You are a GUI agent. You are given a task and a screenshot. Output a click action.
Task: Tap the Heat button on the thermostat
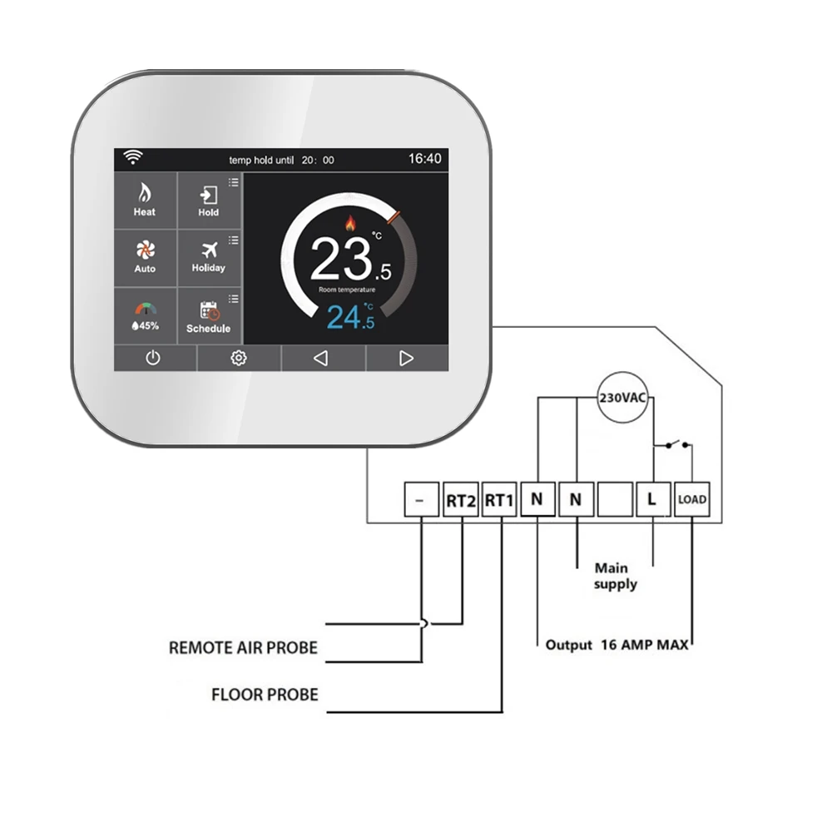(145, 201)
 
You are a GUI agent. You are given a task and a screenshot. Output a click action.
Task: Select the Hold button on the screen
(208, 201)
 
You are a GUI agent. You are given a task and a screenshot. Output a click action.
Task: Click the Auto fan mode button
(145, 257)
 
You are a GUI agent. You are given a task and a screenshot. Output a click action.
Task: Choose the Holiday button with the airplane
(208, 257)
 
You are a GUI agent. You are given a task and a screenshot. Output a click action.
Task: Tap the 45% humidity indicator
(145, 316)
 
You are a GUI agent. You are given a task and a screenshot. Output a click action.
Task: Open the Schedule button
(208, 316)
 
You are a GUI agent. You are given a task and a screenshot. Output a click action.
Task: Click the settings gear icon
(239, 358)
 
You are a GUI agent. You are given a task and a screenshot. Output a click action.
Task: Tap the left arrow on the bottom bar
(320, 358)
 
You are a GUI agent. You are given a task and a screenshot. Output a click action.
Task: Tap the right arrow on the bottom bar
(406, 358)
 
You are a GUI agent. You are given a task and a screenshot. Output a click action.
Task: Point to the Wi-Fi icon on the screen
(132, 157)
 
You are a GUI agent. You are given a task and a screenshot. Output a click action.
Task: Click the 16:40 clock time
(425, 158)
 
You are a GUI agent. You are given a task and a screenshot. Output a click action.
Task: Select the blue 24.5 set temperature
(350, 317)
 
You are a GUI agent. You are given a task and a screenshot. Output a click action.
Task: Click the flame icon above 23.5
(349, 222)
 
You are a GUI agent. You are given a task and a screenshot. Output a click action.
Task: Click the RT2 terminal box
(461, 499)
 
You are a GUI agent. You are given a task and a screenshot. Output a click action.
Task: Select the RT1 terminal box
(500, 499)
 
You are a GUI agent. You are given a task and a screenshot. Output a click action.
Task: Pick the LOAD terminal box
(691, 499)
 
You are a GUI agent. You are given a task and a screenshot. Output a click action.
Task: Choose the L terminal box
(652, 499)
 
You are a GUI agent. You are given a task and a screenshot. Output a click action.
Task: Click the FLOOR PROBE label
(265, 694)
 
